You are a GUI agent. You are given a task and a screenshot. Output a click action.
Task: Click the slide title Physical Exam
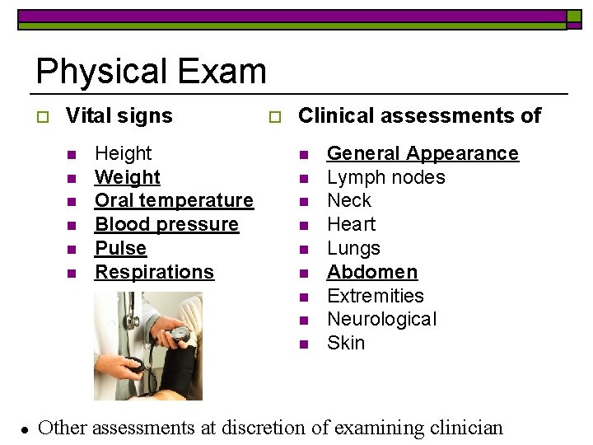[x=151, y=72]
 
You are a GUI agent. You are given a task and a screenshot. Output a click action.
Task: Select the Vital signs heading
[x=119, y=115]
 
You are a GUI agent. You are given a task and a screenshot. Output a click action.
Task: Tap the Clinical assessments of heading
[x=419, y=115]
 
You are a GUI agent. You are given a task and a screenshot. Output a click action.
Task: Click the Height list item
[x=124, y=153]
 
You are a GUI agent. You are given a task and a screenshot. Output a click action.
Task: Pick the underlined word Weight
[x=128, y=177]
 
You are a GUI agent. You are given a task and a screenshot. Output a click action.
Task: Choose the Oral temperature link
[x=174, y=200]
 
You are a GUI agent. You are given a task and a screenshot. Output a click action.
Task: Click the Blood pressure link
[x=166, y=224]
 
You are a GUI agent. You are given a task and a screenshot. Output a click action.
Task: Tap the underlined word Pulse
[x=120, y=248]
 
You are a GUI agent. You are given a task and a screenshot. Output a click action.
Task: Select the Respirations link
[x=154, y=272]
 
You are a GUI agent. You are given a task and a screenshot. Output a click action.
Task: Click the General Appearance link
[x=423, y=153]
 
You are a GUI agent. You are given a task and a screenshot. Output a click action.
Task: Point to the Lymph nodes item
[x=385, y=177]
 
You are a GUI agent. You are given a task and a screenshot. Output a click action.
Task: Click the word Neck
[x=349, y=200]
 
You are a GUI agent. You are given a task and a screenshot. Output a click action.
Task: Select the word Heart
[x=351, y=224]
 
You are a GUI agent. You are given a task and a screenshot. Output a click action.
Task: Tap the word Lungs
[x=353, y=248]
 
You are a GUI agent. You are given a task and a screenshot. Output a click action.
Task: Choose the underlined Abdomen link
[x=372, y=272]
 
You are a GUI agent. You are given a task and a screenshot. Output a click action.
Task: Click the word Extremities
[x=375, y=296]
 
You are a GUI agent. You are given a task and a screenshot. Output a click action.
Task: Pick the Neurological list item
[x=381, y=319]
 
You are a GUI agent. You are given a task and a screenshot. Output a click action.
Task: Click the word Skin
[x=346, y=343]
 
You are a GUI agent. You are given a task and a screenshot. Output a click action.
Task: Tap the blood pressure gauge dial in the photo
[x=180, y=334]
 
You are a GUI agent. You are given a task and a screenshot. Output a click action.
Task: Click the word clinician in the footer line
[x=466, y=428]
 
